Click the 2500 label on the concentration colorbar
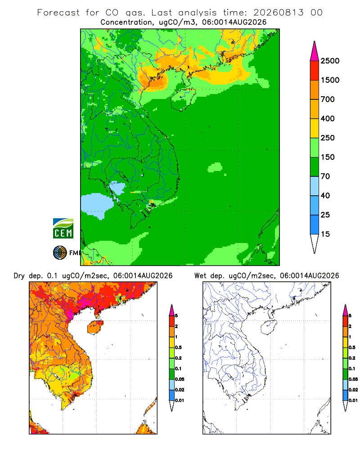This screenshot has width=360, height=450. [330, 61]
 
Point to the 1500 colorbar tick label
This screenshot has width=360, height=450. [330, 80]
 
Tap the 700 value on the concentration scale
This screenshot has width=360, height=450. [328, 99]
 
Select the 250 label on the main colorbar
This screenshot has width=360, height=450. [328, 138]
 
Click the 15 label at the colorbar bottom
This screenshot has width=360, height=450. [325, 234]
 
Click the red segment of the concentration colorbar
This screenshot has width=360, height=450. [315, 70]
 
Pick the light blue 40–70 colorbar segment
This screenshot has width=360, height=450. [315, 186]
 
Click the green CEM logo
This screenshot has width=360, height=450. [63, 229]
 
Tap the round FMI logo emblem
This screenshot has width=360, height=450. [60, 253]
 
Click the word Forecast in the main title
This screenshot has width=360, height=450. [58, 13]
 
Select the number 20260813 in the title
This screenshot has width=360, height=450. [278, 13]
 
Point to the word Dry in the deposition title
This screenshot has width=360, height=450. [19, 276]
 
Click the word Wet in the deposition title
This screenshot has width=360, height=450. [200, 276]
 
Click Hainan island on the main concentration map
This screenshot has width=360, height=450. [183, 99]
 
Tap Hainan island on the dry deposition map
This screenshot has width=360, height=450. [95, 327]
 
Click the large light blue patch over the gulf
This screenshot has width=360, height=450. [96, 205]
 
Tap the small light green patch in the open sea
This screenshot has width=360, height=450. [215, 167]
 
